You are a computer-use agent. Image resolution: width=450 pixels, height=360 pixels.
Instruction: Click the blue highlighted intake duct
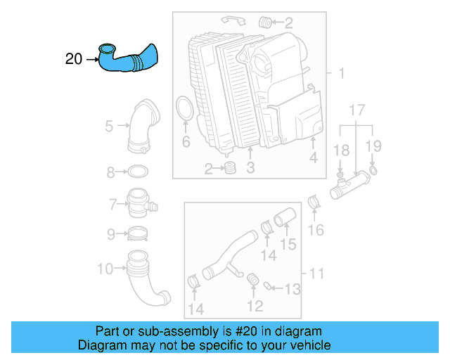(x=130, y=59)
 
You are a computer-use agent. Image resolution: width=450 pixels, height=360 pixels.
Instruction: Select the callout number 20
(x=74, y=59)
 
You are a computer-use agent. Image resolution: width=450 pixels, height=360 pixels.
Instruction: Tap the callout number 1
(x=340, y=74)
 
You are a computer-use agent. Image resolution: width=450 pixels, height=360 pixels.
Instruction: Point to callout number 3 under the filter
(x=250, y=167)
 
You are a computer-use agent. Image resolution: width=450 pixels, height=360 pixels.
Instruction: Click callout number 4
(x=313, y=159)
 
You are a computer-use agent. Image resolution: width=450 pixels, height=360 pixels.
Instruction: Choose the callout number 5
(x=109, y=127)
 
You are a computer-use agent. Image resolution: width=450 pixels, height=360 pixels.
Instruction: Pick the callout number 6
(x=186, y=142)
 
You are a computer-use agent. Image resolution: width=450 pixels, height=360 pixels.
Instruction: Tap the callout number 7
(x=112, y=205)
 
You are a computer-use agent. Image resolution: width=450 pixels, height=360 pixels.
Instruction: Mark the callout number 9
(x=110, y=234)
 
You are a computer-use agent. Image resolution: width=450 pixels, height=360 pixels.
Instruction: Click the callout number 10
(x=104, y=268)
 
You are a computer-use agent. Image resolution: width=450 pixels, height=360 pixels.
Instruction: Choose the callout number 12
(x=255, y=305)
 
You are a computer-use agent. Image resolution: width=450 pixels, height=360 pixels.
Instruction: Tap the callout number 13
(x=292, y=288)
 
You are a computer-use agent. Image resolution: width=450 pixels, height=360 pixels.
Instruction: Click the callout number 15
(x=289, y=244)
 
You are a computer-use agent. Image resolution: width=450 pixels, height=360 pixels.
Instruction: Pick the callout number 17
(x=357, y=110)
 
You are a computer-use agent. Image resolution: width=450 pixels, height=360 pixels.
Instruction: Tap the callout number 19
(x=373, y=146)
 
